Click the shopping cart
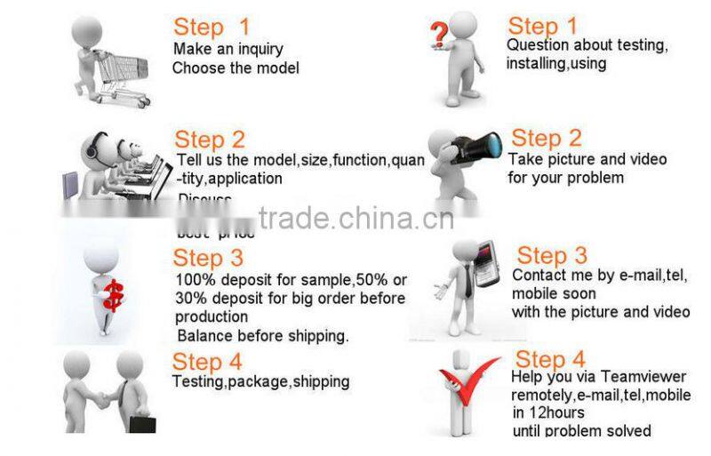point(122,76)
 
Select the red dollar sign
point(113,296)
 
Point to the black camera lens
point(484,145)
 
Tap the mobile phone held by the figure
point(487,265)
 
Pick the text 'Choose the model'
point(236,68)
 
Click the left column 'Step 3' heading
point(208,258)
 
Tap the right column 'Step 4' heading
point(550,359)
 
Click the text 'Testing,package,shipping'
point(260,381)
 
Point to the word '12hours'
point(556,413)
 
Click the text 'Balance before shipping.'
point(263,335)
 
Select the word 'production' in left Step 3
point(212,316)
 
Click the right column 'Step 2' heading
point(547,138)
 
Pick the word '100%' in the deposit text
point(193,279)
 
